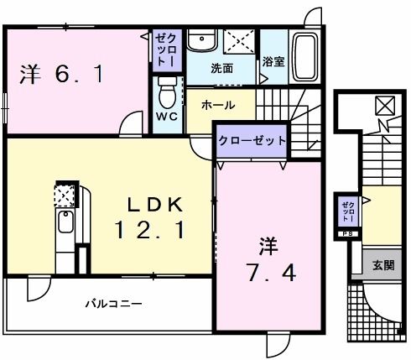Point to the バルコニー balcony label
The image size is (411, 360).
[x=112, y=303]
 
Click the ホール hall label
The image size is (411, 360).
[x=217, y=106]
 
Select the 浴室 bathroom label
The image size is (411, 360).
[x=272, y=62]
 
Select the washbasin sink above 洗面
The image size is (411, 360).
[x=201, y=42]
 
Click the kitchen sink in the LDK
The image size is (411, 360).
[x=65, y=225]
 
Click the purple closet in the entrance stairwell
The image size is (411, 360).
[x=346, y=213]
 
